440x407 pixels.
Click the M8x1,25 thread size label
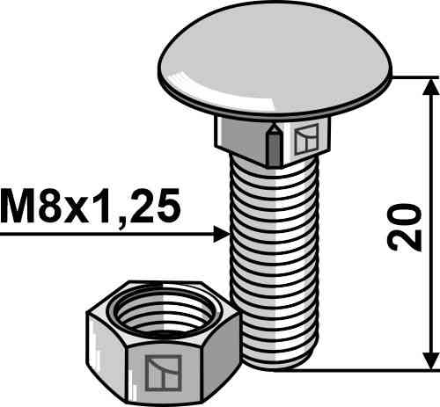coord(90,206)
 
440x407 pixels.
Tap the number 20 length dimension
coord(405,228)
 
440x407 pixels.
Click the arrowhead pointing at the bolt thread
coord(221,235)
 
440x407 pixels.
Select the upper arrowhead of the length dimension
coord(430,87)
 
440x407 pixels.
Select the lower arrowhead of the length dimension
coord(430,361)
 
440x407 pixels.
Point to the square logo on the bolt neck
coord(306,139)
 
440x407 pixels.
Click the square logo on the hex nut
coord(164,373)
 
